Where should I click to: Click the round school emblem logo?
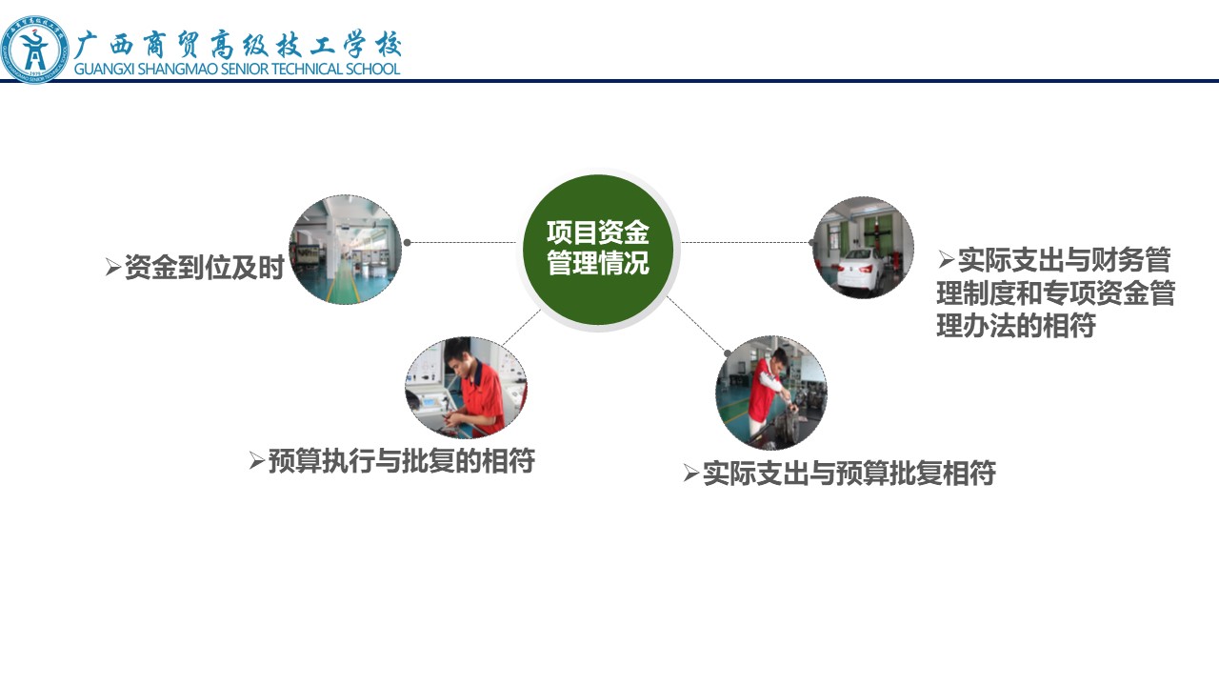point(35,50)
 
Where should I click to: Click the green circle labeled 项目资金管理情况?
point(598,250)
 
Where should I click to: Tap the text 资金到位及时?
point(204,268)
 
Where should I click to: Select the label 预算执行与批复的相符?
point(402,460)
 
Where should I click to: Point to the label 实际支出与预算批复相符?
point(849,473)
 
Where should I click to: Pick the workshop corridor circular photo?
point(345,250)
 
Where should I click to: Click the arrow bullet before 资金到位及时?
point(113,267)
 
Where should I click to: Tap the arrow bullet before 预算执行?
point(257,460)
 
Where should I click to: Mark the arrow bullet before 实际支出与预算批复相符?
point(691,473)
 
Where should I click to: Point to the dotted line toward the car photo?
point(747,242)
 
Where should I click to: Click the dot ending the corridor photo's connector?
point(407,242)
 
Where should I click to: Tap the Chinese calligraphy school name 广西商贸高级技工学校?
point(238,45)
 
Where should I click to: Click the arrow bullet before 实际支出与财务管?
point(947,259)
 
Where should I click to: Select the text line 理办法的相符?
point(1016,326)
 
